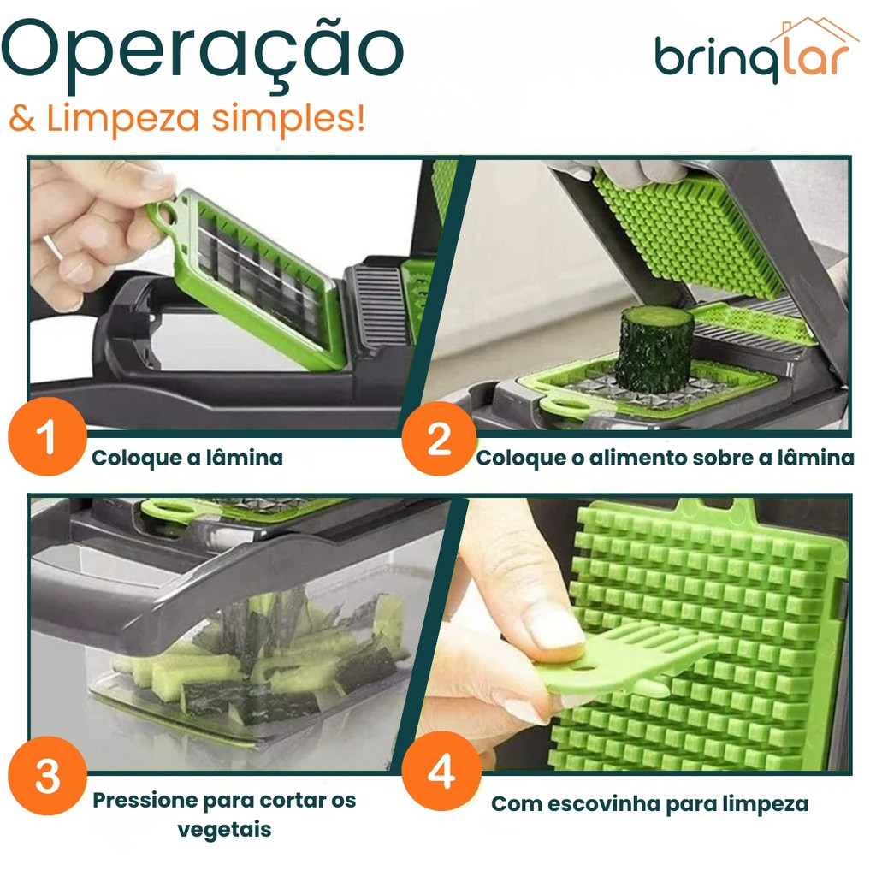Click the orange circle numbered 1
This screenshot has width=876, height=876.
(x=48, y=436)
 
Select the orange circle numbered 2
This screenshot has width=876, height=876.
(x=439, y=439)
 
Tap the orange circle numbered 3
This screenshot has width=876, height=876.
(x=48, y=775)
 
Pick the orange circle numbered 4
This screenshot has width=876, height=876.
(x=441, y=771)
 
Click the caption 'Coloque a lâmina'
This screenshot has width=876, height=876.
(x=187, y=459)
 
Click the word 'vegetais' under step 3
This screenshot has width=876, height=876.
(x=225, y=830)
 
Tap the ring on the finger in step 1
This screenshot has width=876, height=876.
(x=53, y=247)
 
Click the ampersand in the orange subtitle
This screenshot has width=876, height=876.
(x=22, y=118)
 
